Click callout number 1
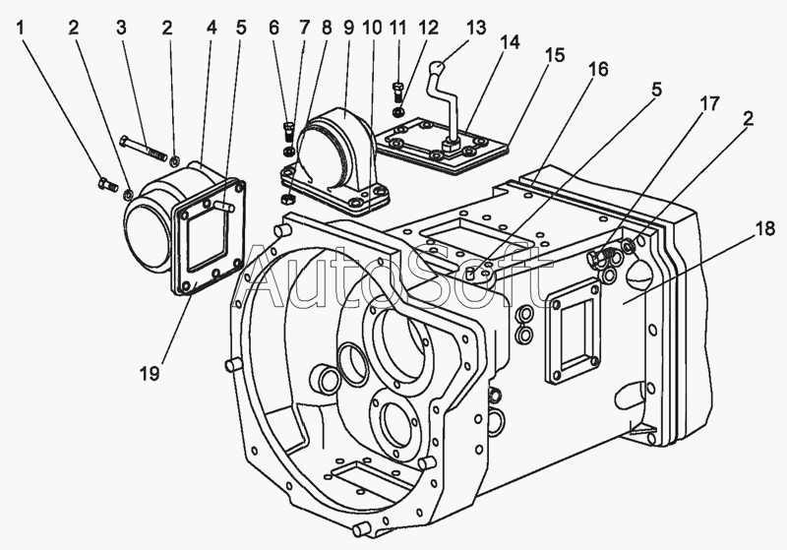[x=21, y=28]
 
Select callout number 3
[x=121, y=28]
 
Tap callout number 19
[x=150, y=373]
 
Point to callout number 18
[x=765, y=229]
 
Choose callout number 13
[x=476, y=28]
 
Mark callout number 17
[x=709, y=104]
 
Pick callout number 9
[x=349, y=28]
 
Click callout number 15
[x=555, y=55]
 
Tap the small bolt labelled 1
[x=107, y=184]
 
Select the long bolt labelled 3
[x=144, y=148]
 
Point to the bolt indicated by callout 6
[x=289, y=129]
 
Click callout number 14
[x=509, y=42]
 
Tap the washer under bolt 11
[x=398, y=110]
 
